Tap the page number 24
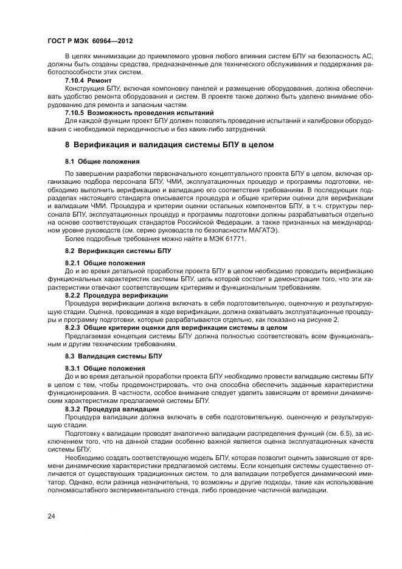[51, 516]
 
